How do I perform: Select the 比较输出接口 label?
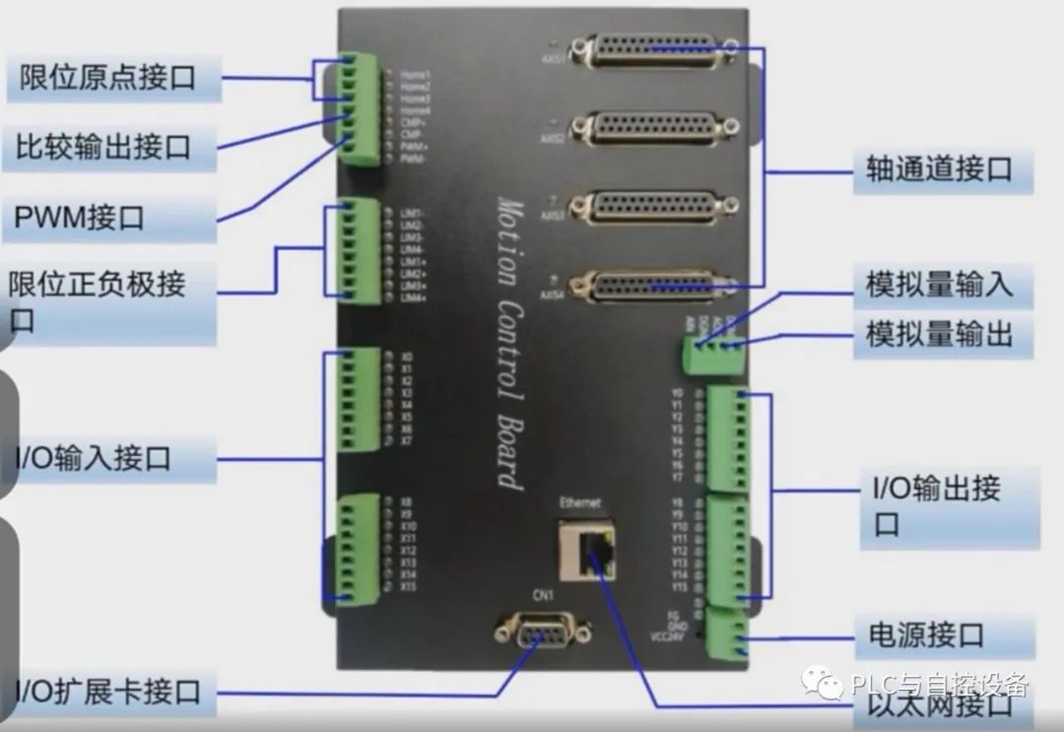click(103, 148)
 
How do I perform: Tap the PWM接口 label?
click(79, 217)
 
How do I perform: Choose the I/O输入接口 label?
click(94, 458)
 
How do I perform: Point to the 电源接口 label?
click(926, 635)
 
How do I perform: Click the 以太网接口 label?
click(940, 705)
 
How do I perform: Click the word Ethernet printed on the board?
click(580, 503)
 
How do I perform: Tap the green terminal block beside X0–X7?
click(357, 399)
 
